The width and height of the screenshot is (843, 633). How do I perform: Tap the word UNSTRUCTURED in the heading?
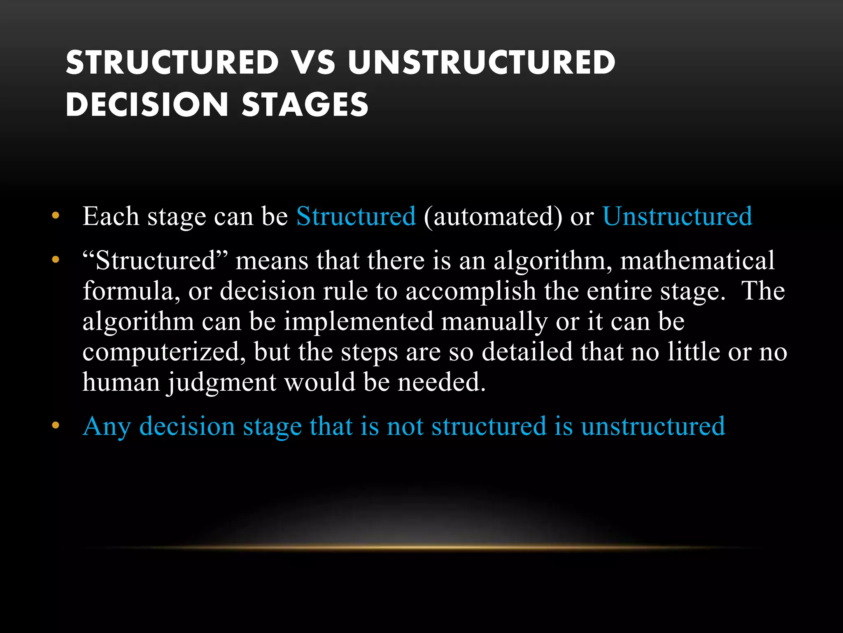click(481, 63)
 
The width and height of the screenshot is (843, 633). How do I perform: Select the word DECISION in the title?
click(147, 104)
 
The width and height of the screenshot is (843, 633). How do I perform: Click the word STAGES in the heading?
click(305, 104)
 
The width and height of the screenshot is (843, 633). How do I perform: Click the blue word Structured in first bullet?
click(356, 216)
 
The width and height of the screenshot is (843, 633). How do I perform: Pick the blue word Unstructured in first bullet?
click(677, 216)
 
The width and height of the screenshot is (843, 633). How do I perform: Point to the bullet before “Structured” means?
click(56, 260)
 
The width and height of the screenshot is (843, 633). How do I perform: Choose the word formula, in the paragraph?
click(131, 291)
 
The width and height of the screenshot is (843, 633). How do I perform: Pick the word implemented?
click(359, 322)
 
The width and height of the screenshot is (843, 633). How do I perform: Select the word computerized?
click(164, 352)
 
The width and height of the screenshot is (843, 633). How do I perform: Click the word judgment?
click(221, 383)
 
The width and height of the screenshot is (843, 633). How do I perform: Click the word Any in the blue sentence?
click(107, 426)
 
